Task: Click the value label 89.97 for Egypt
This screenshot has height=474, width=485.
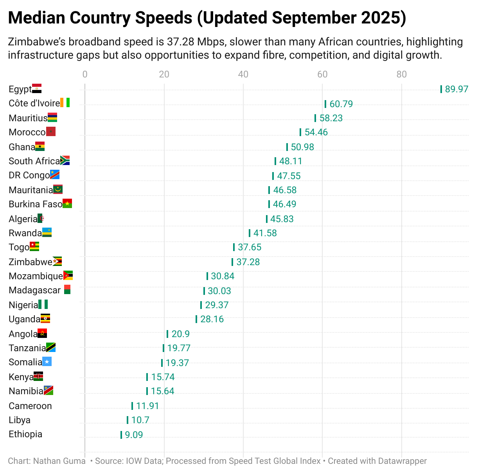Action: click(456, 89)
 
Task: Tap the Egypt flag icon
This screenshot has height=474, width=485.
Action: click(37, 88)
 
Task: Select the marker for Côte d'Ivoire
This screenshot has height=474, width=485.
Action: click(325, 104)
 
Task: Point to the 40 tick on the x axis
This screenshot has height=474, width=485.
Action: click(243, 74)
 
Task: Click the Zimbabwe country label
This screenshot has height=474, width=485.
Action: click(31, 262)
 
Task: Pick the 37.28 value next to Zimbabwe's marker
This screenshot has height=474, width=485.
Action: click(248, 262)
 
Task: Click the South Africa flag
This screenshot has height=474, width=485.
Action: click(65, 160)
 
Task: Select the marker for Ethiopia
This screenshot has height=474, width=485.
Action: click(121, 435)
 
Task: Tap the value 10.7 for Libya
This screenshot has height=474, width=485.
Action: click(140, 420)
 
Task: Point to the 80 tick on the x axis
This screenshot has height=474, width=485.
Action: click(402, 74)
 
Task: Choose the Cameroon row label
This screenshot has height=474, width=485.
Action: click(30, 406)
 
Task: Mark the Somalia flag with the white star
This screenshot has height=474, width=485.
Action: click(47, 362)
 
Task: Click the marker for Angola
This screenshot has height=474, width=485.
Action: click(167, 334)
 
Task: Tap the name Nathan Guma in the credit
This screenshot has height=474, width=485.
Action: click(59, 461)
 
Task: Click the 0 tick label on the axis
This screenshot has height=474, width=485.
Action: click(85, 74)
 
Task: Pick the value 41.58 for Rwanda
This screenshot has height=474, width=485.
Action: click(265, 233)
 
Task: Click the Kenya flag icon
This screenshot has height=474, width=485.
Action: click(38, 376)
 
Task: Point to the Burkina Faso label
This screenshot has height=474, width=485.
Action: click(35, 204)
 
